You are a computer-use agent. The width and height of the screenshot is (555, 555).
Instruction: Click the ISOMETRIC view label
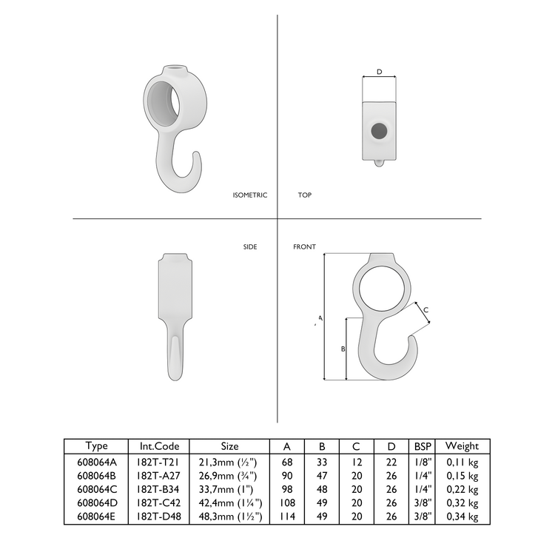(249, 195)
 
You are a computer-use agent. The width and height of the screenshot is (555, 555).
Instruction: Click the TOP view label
(304, 195)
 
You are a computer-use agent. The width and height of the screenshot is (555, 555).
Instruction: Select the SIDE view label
(250, 247)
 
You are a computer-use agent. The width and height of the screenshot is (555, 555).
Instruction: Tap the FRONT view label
(304, 247)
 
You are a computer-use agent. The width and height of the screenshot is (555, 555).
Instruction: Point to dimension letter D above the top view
(379, 72)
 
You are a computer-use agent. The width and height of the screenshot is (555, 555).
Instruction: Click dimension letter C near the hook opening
(425, 311)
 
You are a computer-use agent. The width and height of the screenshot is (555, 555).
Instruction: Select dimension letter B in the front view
(342, 348)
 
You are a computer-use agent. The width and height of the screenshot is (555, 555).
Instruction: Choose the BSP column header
(423, 446)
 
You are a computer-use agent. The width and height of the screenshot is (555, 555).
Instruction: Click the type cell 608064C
(96, 489)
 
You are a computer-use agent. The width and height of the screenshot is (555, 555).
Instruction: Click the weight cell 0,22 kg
(463, 489)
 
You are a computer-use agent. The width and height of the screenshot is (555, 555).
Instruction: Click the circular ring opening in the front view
(383, 285)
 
